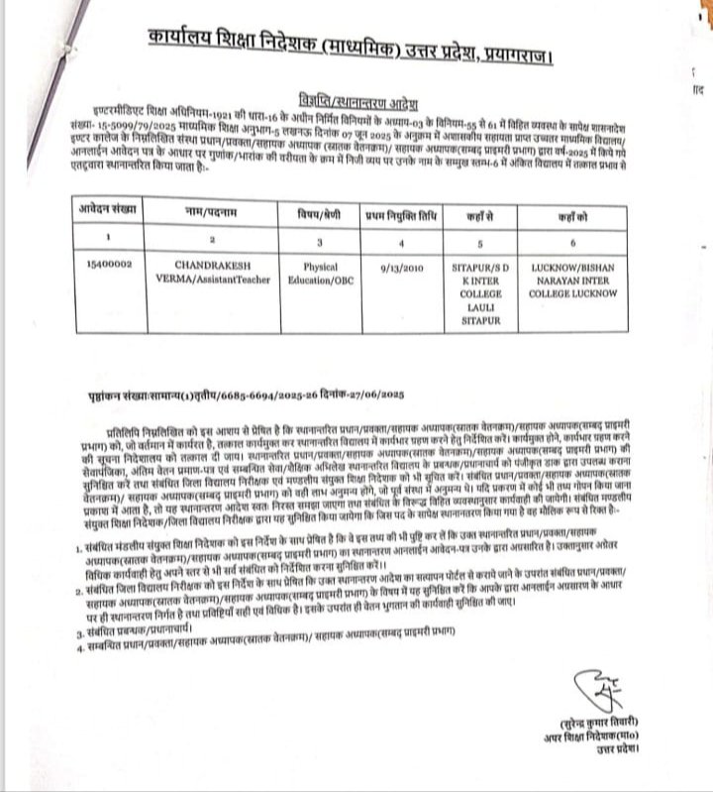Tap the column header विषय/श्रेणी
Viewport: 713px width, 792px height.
pos(316,213)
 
